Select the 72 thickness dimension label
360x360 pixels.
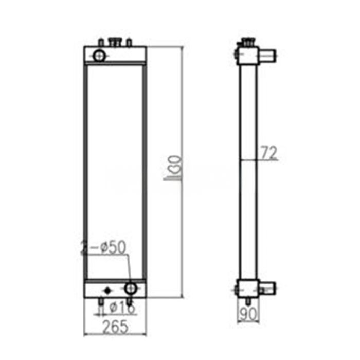pos(268,153)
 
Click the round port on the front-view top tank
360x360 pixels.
pos(99,54)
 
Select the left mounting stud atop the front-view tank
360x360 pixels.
pos(101,42)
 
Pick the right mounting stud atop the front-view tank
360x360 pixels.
pos(129,42)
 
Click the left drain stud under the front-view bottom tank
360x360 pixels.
pos(101,301)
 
